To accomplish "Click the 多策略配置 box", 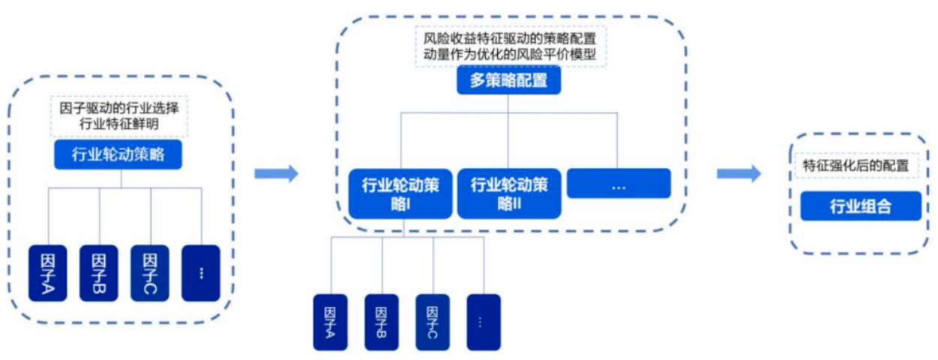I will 508,81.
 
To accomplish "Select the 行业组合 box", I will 860,206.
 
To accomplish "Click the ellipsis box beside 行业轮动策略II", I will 619,184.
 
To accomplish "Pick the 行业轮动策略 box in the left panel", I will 118,155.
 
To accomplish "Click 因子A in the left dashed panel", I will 48,273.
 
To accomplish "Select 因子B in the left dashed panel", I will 99,273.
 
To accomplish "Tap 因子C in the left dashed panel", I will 149,273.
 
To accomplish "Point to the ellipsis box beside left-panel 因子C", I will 201,273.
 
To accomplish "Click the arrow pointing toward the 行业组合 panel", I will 739,174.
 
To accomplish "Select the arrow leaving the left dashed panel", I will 276,174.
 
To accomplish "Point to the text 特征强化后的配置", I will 856,166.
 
